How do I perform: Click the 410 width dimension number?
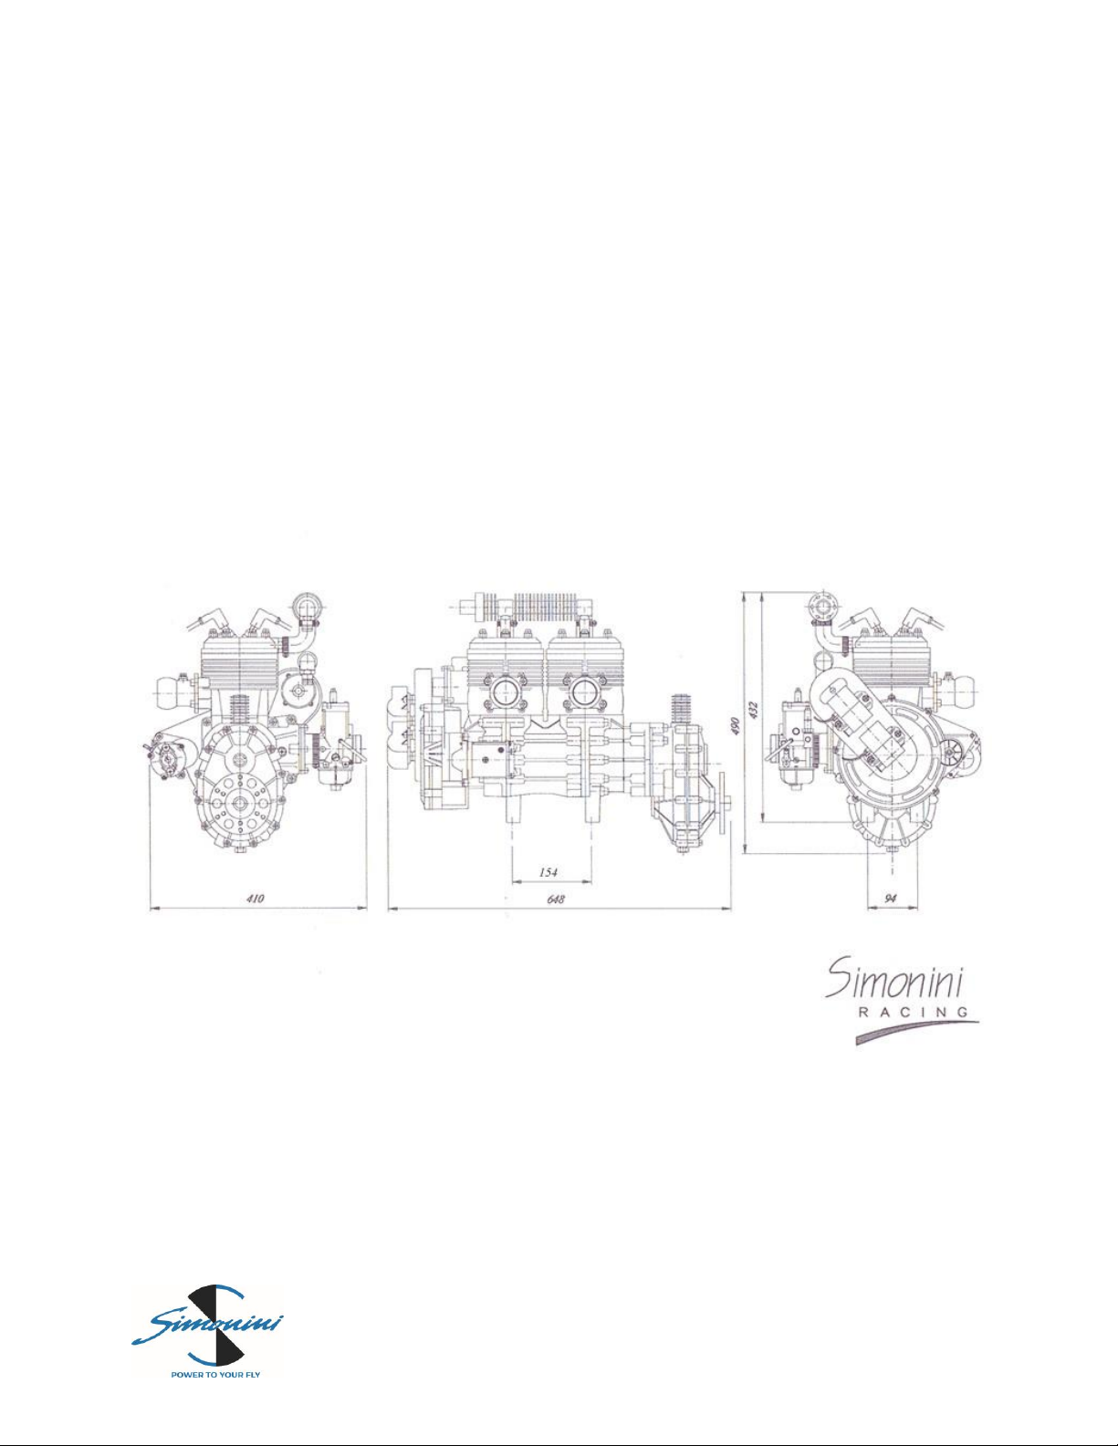pyautogui.click(x=256, y=899)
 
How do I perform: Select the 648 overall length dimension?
pyautogui.click(x=557, y=899)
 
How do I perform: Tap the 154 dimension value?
pyautogui.click(x=548, y=872)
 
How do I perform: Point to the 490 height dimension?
pyautogui.click(x=735, y=725)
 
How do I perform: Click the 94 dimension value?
pyautogui.click(x=891, y=899)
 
